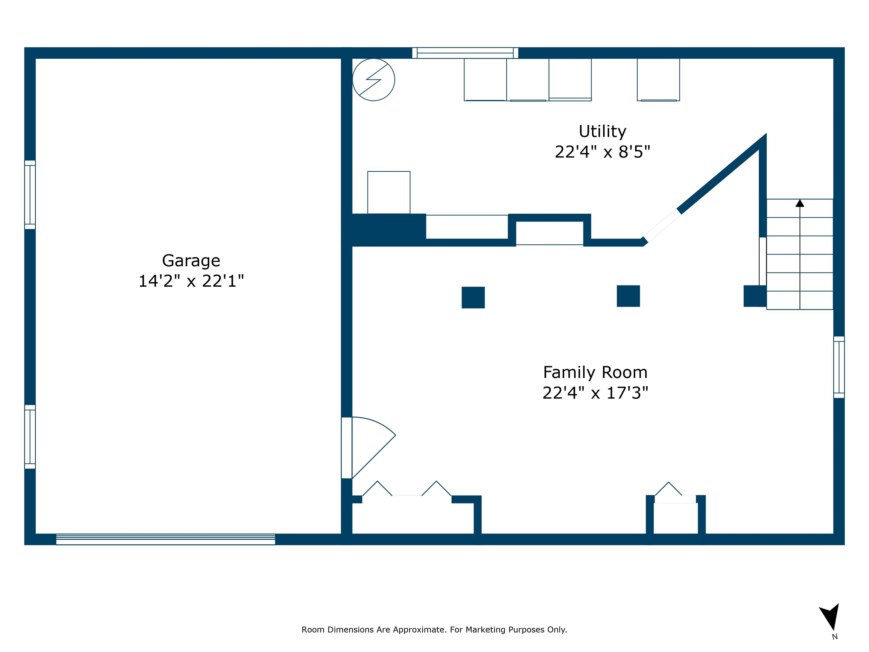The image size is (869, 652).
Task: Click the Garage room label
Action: coord(191,261)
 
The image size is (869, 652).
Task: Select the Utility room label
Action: coord(602,132)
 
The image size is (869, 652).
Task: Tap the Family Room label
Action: coord(595,372)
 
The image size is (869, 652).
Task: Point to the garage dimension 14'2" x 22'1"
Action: coord(191,281)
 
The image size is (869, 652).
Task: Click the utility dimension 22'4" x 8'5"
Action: coord(602,152)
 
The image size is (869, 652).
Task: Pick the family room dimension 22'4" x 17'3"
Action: coord(595,393)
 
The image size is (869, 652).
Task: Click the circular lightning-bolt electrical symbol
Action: coord(374,80)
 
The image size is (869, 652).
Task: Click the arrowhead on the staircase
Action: coord(800,203)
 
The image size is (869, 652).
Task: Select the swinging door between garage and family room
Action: coord(369,448)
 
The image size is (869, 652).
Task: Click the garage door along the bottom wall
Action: coord(165,539)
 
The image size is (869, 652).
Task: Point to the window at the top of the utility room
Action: coord(465,53)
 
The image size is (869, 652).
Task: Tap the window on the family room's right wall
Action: coord(839,367)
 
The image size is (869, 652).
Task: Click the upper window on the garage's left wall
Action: coord(30,194)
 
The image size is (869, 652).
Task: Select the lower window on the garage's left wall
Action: coord(30,437)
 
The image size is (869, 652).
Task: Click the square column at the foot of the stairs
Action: coord(755,296)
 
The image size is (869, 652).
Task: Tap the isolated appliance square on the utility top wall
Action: coord(659,80)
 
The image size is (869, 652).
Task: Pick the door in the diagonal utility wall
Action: coord(662,225)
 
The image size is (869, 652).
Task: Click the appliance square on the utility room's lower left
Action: coord(389,193)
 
